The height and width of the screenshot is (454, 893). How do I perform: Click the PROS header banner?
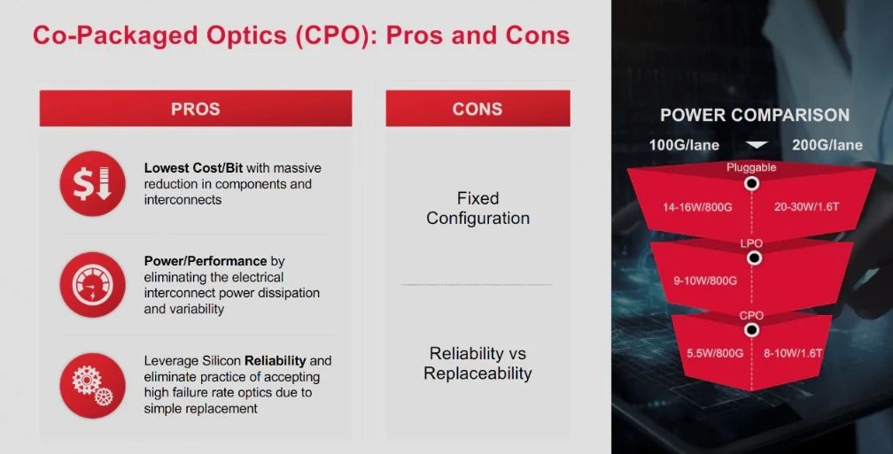(x=195, y=108)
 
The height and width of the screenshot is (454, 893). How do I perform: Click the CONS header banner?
(x=478, y=108)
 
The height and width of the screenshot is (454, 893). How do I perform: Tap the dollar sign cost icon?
(x=92, y=184)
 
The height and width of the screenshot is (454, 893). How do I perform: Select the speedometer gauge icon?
(x=92, y=284)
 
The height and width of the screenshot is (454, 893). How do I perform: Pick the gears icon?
(x=92, y=386)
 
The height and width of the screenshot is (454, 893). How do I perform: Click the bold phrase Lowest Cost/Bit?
(x=193, y=168)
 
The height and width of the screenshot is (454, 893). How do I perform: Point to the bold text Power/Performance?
(x=205, y=261)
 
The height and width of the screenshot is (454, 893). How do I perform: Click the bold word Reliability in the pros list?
(x=275, y=361)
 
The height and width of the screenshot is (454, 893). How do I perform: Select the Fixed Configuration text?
(x=478, y=208)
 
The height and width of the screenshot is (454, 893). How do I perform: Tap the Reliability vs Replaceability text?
(x=478, y=364)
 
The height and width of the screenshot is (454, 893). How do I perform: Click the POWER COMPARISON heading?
(x=755, y=115)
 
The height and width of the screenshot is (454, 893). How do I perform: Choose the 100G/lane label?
(x=684, y=145)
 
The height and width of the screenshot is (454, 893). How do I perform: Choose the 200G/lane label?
(x=827, y=145)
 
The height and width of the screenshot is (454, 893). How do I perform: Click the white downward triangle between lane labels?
(x=757, y=145)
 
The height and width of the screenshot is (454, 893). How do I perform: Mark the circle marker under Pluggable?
(x=752, y=183)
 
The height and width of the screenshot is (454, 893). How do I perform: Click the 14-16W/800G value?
(x=697, y=207)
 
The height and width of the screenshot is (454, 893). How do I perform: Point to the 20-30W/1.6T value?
(x=806, y=206)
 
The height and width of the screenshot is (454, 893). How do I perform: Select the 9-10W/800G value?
(x=705, y=281)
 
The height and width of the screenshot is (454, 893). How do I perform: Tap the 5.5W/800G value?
(x=715, y=353)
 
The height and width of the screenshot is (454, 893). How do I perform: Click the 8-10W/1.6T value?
(x=793, y=353)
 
